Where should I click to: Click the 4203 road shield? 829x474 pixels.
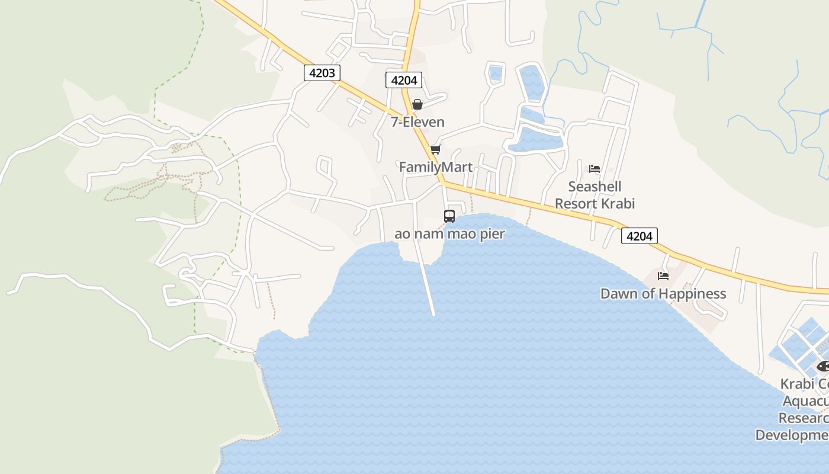(x=322, y=73)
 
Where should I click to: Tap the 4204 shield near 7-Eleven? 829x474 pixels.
(x=404, y=80)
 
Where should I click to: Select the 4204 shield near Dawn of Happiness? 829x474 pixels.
(x=640, y=236)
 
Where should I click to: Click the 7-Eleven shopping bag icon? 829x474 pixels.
(x=417, y=105)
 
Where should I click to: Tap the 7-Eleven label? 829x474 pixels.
(x=417, y=122)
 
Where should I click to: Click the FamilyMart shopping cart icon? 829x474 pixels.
(x=436, y=149)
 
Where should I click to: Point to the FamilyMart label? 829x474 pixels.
(x=436, y=167)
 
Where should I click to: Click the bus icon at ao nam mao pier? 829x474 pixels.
(x=449, y=216)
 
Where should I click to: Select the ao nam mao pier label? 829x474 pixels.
(x=449, y=233)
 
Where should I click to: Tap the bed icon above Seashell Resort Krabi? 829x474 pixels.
(x=595, y=169)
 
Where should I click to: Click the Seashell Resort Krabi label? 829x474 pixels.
(x=595, y=195)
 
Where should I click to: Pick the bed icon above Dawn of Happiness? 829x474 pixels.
(x=663, y=276)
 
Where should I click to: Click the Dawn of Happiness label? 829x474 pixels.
(x=663, y=293)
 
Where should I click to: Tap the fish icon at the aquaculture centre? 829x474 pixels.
(x=823, y=366)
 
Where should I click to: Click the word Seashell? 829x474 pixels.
(x=595, y=187)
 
